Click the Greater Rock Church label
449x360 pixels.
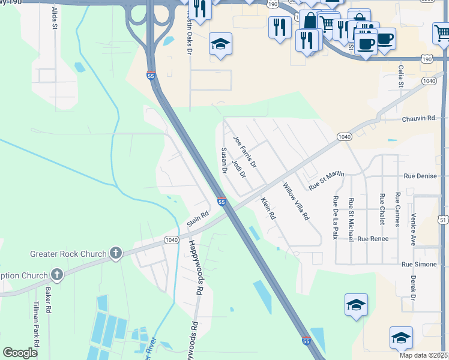68,254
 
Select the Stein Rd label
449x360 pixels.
197,218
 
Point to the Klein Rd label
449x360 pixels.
268,208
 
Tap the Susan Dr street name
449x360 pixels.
224,161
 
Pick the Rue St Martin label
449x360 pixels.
327,181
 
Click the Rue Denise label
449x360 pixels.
420,176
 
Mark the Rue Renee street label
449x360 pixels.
373,239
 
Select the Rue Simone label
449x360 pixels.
419,264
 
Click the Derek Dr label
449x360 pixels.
413,288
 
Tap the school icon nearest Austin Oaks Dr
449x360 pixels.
221,44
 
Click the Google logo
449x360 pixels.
20,353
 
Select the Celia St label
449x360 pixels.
401,77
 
